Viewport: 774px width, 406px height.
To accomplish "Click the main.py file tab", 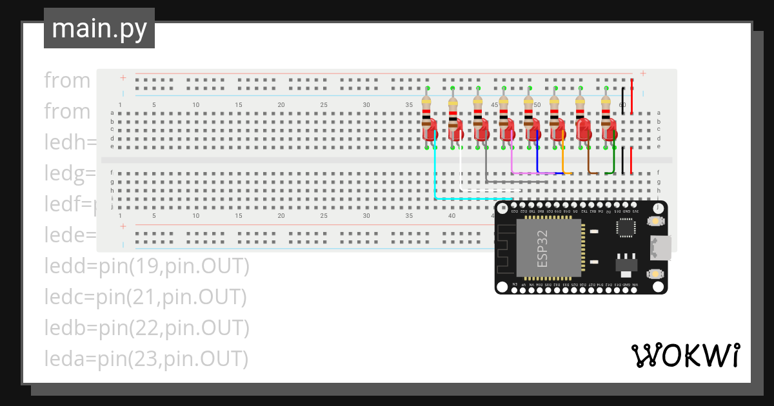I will point(99,28).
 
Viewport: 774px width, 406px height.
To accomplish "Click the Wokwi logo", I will point(684,355).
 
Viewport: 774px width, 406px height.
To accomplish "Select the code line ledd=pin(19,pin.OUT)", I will point(146,266).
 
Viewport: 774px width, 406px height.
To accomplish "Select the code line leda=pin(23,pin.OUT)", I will point(146,358).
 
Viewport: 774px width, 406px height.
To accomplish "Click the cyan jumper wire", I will point(436,174).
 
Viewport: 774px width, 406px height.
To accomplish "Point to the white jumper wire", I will point(461,171).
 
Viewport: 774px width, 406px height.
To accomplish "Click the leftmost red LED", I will point(429,131).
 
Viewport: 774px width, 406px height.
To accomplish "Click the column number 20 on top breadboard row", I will point(281,105).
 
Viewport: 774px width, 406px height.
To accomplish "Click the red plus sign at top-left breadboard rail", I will point(123,78).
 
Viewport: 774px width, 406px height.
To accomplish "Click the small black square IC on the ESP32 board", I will point(626,227).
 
